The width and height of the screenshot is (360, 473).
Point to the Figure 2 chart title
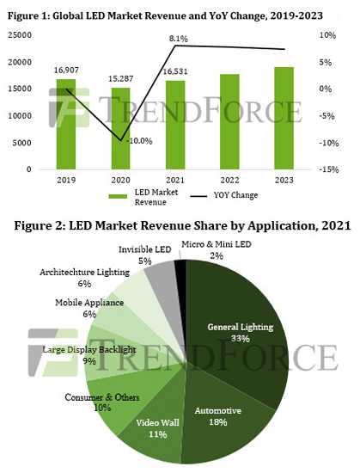tap(180, 226)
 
